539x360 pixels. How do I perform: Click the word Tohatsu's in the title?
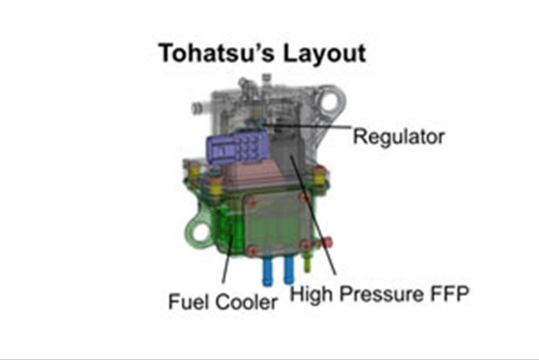click(216, 53)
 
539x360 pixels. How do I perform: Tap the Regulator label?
click(399, 138)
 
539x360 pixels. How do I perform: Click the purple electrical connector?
click(237, 147)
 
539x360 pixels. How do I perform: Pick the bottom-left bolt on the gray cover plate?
click(251, 250)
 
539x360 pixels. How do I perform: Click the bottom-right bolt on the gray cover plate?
click(305, 245)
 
